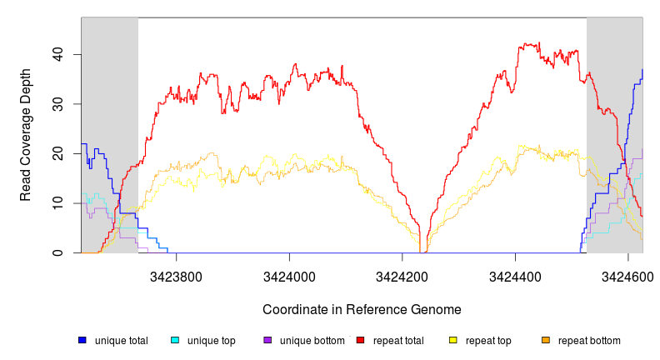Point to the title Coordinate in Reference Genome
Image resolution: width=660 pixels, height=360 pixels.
362,309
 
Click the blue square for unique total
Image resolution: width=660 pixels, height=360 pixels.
82,340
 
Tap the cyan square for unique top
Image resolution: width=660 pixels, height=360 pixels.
175,340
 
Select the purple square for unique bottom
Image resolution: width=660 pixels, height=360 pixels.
267,340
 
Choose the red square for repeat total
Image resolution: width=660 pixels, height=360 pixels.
360,340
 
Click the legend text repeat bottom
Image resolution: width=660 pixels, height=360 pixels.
589,341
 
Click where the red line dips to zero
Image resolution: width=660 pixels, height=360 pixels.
423,252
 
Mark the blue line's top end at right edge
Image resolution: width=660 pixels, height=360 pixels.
642,70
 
